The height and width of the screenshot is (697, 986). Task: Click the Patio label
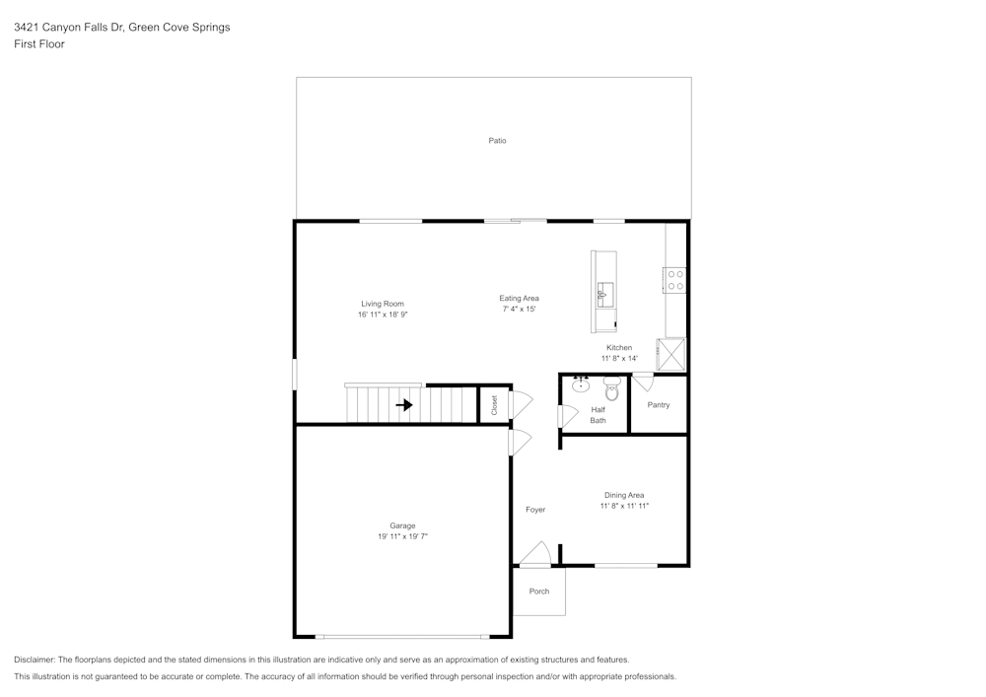(497, 141)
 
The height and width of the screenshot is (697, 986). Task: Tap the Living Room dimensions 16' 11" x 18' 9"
(383, 314)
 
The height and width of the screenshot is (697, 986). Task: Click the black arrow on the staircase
(404, 404)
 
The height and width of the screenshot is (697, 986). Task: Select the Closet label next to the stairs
(494, 405)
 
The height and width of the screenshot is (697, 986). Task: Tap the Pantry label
(658, 405)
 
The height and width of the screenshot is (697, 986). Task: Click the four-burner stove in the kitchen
(675, 280)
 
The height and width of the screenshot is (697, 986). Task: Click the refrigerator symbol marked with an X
(671, 353)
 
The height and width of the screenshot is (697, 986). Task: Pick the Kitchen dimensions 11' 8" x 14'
(619, 359)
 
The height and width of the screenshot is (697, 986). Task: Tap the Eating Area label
(519, 299)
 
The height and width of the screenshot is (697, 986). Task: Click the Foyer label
(534, 510)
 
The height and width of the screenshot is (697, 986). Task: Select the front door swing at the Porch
(535, 555)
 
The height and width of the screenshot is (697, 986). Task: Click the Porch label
(538, 592)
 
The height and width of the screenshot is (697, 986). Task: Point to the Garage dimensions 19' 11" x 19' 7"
(402, 536)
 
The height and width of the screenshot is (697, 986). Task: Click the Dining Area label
(624, 495)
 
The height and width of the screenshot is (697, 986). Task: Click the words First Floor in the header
(38, 44)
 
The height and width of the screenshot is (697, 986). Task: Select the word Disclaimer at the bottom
(35, 660)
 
